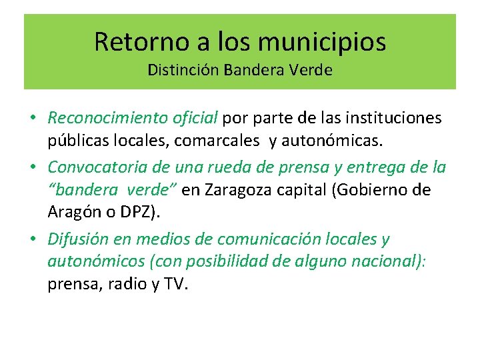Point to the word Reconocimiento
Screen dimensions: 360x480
point(99,119)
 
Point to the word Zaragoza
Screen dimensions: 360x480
point(237,190)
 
